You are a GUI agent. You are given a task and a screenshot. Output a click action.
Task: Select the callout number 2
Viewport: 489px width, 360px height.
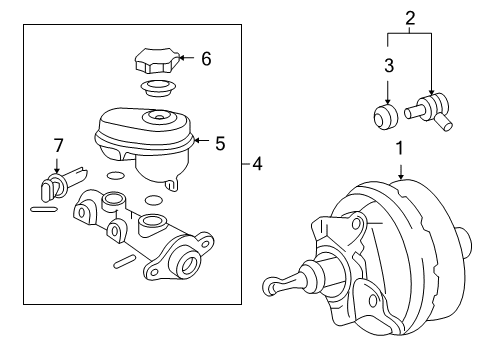pyautogui.click(x=410, y=17)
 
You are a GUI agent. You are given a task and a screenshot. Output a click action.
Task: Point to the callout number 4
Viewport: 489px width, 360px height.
pyautogui.click(x=257, y=163)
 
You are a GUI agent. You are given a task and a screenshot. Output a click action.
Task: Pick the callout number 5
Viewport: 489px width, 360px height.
pyautogui.click(x=221, y=142)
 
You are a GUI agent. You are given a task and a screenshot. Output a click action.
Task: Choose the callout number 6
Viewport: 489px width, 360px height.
pyautogui.click(x=205, y=59)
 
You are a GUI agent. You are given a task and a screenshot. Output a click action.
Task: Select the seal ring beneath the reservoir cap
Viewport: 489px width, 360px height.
pyautogui.click(x=155, y=88)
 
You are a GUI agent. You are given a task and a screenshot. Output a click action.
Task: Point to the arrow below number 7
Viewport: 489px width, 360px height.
pyautogui.click(x=57, y=166)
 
